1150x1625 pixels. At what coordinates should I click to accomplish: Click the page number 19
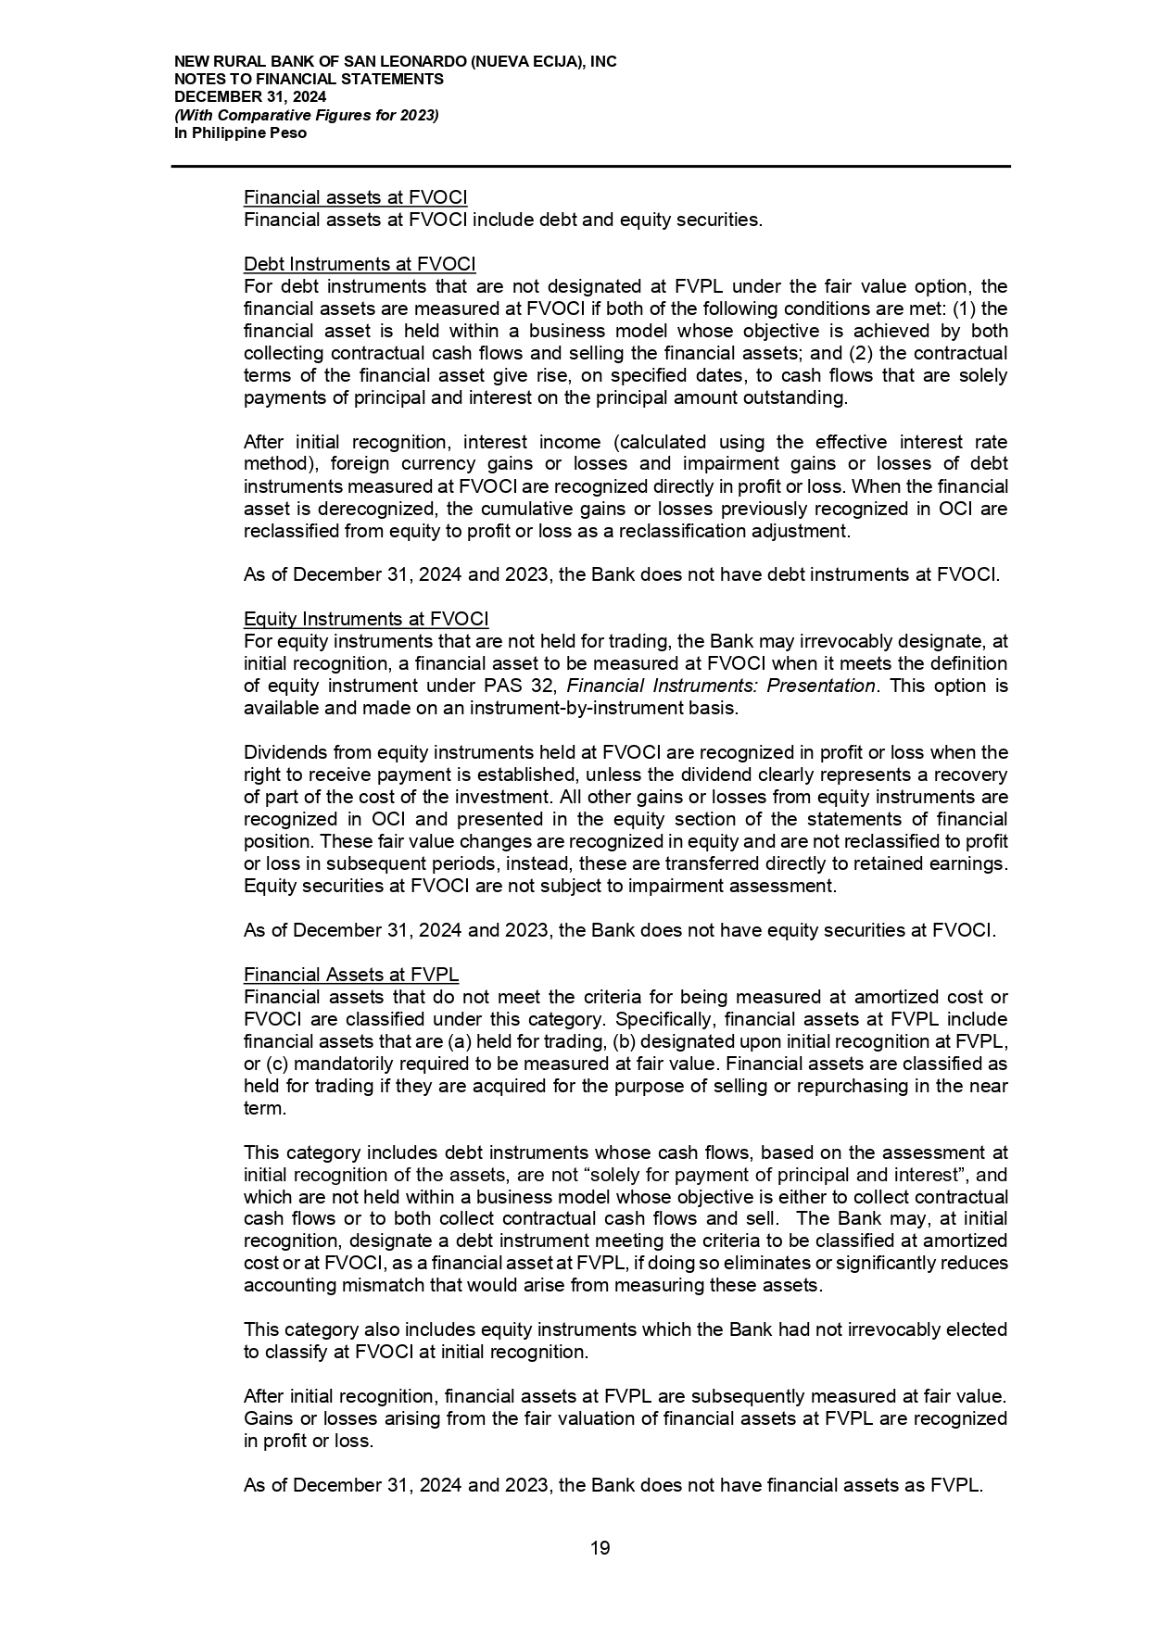(600, 1548)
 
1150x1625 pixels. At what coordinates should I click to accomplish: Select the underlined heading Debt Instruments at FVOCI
(360, 264)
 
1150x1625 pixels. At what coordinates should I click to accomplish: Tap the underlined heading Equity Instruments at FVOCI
(366, 619)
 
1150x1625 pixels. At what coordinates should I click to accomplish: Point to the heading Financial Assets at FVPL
(351, 975)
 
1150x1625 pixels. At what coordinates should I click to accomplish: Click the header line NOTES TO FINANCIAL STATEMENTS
(309, 79)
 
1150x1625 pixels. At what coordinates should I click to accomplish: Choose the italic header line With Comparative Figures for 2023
(307, 115)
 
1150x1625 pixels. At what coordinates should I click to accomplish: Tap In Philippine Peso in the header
(241, 132)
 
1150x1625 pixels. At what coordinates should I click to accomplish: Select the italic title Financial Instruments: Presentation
(720, 686)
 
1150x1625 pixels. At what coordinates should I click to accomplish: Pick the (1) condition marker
(965, 309)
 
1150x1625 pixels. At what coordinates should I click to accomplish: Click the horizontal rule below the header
(590, 167)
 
